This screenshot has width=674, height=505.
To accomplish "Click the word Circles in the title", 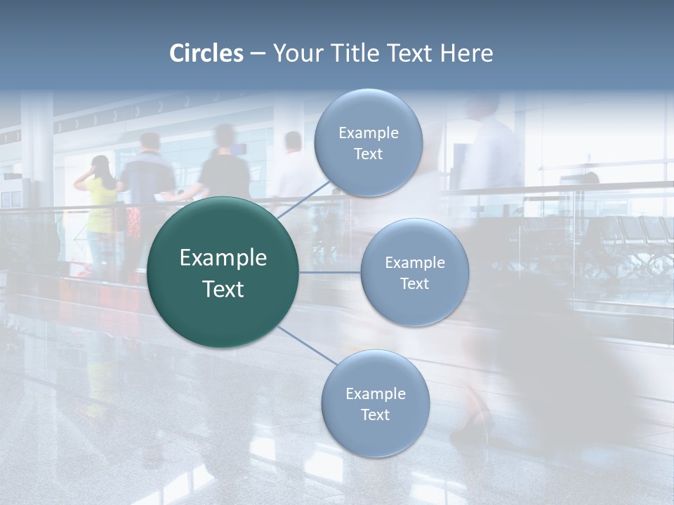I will point(206,53).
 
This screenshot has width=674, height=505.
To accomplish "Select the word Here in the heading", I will point(466,53).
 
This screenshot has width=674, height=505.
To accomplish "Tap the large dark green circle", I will point(223,273).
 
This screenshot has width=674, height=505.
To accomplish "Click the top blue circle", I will point(369,143).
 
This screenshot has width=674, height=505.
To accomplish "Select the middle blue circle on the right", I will point(414,273).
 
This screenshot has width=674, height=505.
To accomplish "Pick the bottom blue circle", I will point(375,404).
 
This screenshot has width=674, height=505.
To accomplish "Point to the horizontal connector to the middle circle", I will point(330,272).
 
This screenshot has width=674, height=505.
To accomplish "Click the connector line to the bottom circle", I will point(308,346).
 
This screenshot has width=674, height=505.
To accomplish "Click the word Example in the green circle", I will point(223,258).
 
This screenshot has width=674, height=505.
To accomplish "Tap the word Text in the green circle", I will point(223,289).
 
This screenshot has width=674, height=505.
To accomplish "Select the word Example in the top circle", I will point(369,133).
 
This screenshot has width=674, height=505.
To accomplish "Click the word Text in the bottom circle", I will point(375,415).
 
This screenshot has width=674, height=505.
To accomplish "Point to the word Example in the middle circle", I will point(414,263).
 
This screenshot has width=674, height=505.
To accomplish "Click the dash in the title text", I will point(258,53).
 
